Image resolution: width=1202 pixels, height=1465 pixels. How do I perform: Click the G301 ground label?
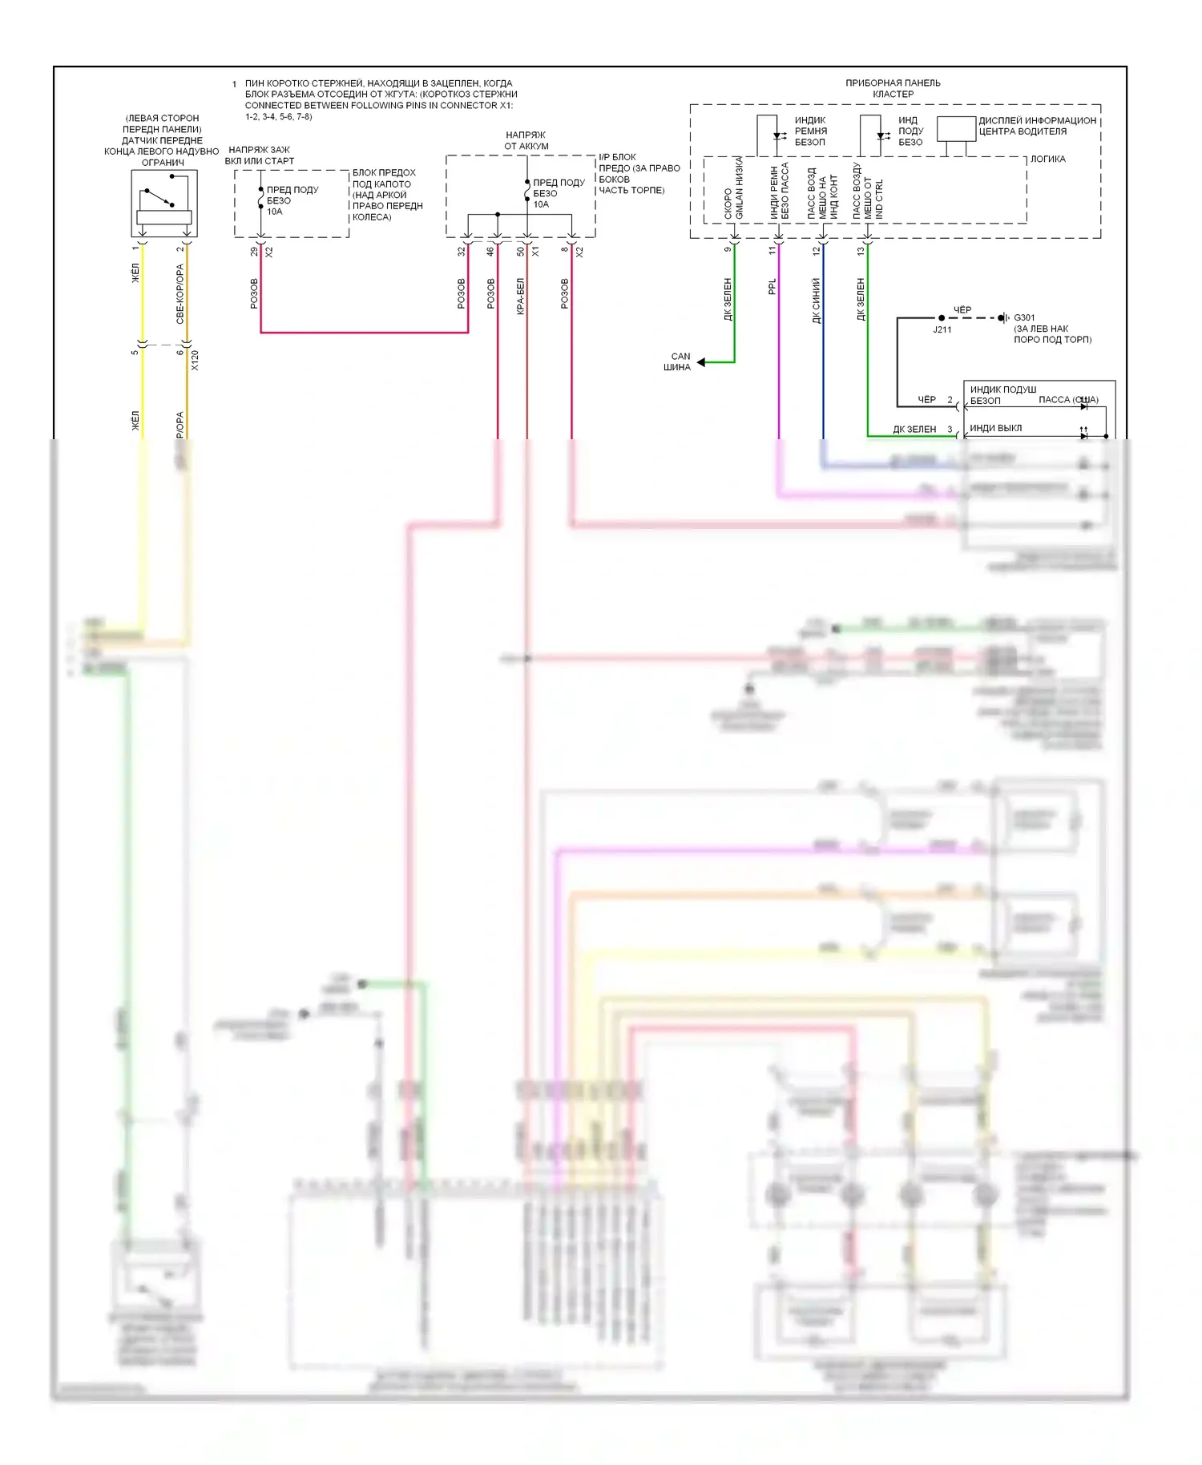point(1024,317)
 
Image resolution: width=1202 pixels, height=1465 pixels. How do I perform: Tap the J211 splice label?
point(942,329)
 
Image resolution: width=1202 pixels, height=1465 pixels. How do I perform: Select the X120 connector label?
point(195,361)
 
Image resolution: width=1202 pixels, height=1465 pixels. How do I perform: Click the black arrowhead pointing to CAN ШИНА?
point(701,362)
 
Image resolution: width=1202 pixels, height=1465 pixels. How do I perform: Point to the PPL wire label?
point(772,287)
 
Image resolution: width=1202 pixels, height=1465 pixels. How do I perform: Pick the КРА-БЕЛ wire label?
point(520,296)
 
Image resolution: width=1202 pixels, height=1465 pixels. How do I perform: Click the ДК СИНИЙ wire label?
point(817,301)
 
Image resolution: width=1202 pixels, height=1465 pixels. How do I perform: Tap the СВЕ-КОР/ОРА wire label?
point(180,294)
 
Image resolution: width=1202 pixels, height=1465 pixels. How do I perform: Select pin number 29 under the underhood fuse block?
point(254,252)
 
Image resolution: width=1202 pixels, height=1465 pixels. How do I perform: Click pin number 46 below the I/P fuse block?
point(490,252)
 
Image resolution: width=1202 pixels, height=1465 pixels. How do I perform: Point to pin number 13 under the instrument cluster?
point(861,251)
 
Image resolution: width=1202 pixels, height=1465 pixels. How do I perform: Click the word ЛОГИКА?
point(1047,159)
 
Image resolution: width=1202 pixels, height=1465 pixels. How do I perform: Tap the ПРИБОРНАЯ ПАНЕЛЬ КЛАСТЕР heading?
point(893,88)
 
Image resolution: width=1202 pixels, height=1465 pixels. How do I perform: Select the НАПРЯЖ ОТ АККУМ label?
point(526,140)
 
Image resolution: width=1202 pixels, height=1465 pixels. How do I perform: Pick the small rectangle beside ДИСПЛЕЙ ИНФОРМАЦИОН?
point(956,129)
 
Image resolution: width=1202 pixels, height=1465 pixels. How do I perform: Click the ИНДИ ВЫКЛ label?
point(995,428)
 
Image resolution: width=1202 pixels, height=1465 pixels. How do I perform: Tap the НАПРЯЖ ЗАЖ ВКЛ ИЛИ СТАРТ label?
point(259,155)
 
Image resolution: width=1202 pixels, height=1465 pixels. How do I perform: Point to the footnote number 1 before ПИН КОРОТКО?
point(234,84)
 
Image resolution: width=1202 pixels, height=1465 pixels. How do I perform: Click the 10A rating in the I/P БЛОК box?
point(541,204)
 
